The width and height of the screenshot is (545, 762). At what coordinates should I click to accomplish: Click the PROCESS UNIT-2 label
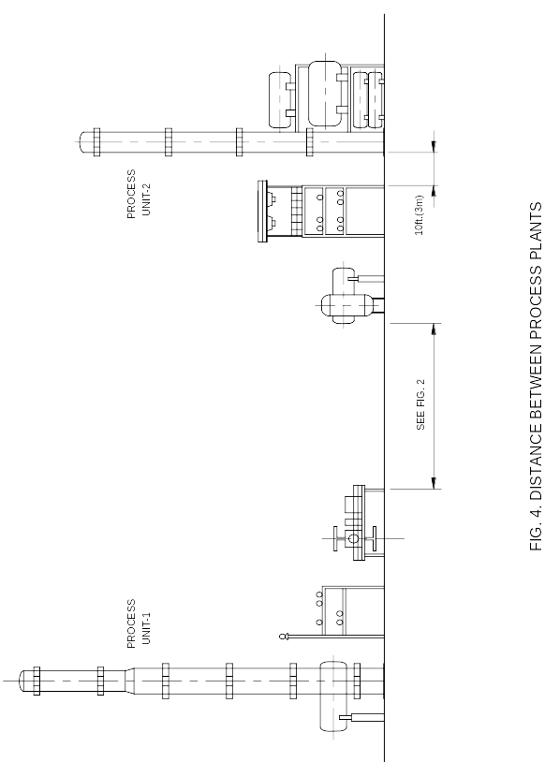tap(139, 194)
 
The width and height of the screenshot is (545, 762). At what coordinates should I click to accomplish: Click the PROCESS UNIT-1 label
tap(139, 623)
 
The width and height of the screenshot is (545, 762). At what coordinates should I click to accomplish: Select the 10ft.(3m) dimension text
tap(420, 215)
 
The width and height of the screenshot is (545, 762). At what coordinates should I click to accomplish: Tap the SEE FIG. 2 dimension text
tap(420, 404)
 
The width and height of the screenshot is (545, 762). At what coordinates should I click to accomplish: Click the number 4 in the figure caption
tap(536, 515)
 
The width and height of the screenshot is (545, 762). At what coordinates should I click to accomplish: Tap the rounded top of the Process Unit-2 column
tap(83, 142)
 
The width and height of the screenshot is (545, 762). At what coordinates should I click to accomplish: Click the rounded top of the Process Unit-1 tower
tap(23, 681)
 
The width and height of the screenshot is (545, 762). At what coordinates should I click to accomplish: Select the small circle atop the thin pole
tap(283, 637)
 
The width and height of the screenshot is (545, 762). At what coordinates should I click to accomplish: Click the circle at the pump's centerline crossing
tap(353, 538)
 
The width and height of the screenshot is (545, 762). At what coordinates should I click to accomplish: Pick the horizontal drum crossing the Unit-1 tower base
tap(333, 696)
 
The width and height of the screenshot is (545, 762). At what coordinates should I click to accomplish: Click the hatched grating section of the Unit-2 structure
tap(297, 211)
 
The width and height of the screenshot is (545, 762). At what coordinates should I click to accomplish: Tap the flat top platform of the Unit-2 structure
tap(262, 211)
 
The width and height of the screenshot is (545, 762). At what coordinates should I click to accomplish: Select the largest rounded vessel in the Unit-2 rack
tap(324, 94)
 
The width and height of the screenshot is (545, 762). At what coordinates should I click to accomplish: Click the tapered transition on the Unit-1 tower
tap(130, 681)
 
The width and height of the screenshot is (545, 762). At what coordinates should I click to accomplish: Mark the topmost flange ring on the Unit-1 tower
tap(37, 681)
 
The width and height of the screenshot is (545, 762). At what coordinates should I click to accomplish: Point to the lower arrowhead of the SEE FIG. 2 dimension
tap(434, 483)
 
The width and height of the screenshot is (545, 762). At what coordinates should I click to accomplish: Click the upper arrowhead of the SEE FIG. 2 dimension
tap(434, 329)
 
